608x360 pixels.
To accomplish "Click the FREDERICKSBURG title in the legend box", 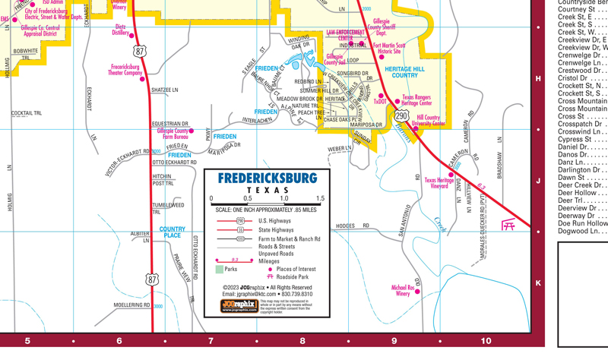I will coord(267,178).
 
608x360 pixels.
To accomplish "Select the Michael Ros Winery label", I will coord(403,291).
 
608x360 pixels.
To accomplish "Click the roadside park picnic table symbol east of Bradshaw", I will coord(508,225).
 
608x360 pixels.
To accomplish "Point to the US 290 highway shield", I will coord(401,115).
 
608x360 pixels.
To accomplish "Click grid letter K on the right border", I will coord(538,283).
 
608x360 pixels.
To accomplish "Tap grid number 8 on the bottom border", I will coord(302,341).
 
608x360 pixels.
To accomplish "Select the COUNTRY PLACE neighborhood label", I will coord(172,232).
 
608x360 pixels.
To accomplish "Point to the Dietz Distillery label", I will coord(120,30).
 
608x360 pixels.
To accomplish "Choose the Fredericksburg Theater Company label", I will coord(125,70).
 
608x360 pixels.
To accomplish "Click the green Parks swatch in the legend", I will coord(219,269).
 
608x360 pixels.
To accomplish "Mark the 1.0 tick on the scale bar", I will coord(283,198).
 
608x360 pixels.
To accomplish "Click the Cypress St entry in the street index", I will coord(582,140).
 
